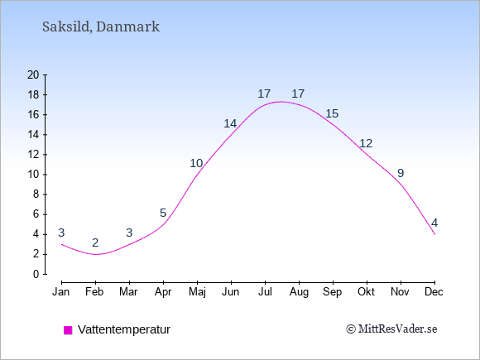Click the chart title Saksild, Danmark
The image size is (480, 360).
(x=101, y=26)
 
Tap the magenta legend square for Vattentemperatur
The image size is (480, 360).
(x=68, y=330)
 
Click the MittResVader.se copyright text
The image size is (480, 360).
(x=391, y=329)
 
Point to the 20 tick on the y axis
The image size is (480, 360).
(x=33, y=74)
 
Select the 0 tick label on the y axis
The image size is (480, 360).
(x=36, y=274)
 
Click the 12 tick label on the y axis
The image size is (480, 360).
(x=33, y=155)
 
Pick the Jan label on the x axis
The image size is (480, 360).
(x=61, y=292)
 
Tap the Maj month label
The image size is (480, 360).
(x=197, y=292)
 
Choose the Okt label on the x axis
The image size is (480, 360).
(x=366, y=292)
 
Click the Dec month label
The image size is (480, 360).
(x=434, y=292)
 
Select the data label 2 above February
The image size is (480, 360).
(x=95, y=242)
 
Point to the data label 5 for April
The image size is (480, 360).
(x=163, y=213)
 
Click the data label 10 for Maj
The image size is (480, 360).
(x=196, y=164)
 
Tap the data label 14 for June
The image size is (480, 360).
(x=230, y=123)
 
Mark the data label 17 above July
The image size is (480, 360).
(x=264, y=94)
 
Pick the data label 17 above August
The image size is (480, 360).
(x=298, y=94)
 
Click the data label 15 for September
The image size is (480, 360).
(x=332, y=113)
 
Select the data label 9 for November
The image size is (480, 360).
(x=401, y=174)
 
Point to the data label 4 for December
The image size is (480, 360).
(x=434, y=223)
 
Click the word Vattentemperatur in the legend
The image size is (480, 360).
(x=124, y=329)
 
